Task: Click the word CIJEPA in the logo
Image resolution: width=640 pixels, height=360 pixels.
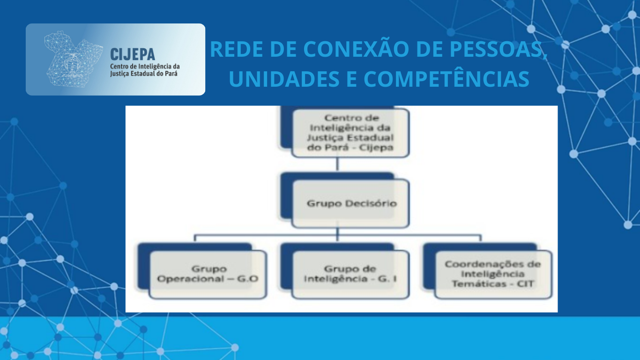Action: pyautogui.click(x=133, y=54)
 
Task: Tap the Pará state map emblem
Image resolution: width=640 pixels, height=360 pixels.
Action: pyautogui.click(x=74, y=59)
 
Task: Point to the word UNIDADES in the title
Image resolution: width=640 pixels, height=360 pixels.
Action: pyautogui.click(x=284, y=79)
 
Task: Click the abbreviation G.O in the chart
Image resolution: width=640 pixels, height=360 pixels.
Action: pyautogui.click(x=248, y=278)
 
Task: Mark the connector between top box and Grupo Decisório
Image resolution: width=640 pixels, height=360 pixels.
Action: pyautogui.click(x=337, y=165)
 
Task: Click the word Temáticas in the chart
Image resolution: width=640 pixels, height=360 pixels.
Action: pyautogui.click(x=477, y=284)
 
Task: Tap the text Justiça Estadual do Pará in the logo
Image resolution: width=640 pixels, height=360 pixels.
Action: pyautogui.click(x=144, y=74)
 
